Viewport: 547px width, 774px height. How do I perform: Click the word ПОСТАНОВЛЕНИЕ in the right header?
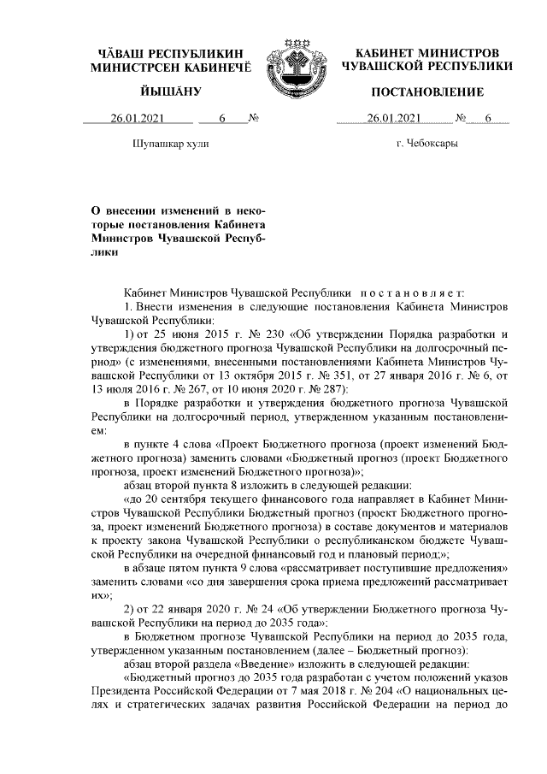coord(427,92)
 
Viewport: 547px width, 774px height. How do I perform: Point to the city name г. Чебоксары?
coord(427,143)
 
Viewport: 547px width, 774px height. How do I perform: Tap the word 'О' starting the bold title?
coord(96,210)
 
